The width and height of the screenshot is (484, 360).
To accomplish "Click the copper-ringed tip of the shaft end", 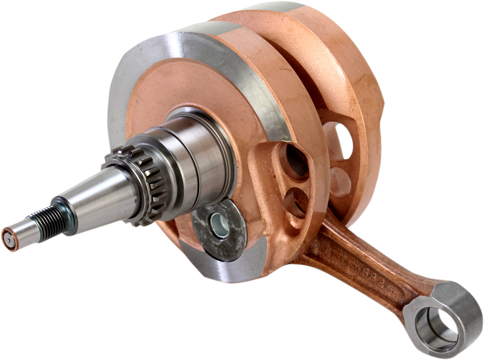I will [8, 239].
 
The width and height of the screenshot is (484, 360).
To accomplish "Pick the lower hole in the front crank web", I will [296, 202].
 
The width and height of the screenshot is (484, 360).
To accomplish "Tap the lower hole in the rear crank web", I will [341, 182].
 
